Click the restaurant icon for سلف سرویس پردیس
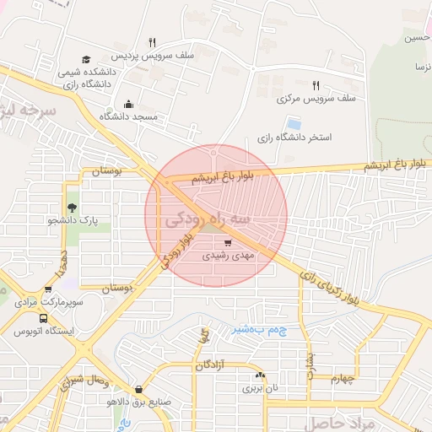click(152, 41)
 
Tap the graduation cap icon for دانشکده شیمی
click(85, 60)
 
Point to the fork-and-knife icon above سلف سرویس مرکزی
click(316, 85)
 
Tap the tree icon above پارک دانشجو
click(72, 208)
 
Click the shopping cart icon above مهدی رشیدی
click(228, 243)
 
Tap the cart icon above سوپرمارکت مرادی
click(48, 289)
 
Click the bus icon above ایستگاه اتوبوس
click(43, 319)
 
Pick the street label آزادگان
click(213, 365)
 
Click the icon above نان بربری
click(259, 375)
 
